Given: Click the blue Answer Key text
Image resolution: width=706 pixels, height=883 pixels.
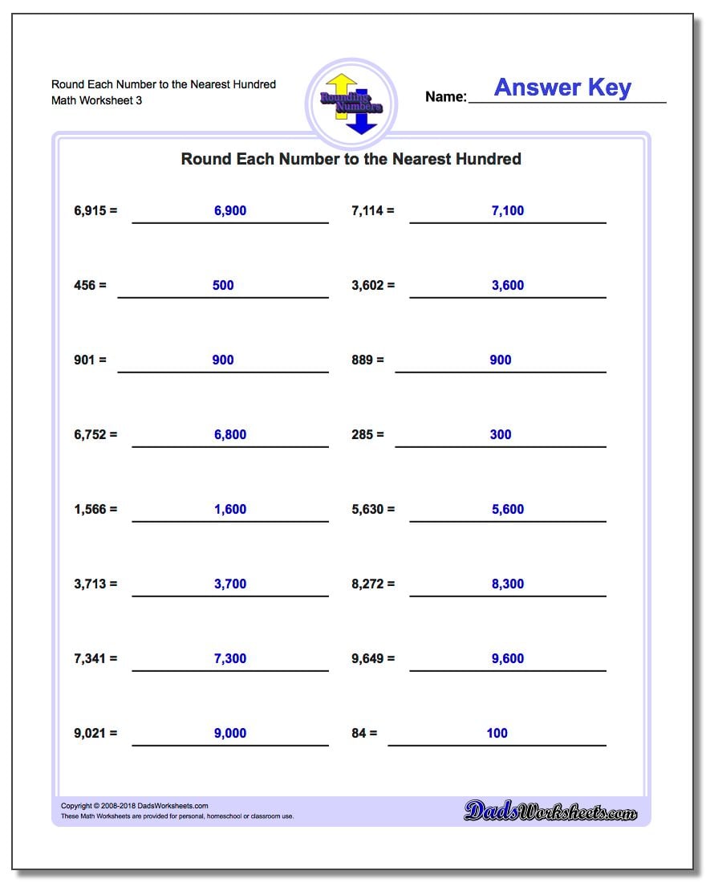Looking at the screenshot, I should coord(562,87).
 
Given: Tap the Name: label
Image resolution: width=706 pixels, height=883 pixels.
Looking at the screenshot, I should coord(445,97).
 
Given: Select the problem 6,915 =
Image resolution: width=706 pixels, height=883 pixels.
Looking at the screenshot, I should coord(95,211).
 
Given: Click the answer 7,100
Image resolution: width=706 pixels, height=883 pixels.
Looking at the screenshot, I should coord(508,211).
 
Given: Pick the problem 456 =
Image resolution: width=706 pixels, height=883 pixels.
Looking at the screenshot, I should coord(90,286).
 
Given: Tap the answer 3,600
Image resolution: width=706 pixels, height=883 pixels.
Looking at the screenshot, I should coord(508,286).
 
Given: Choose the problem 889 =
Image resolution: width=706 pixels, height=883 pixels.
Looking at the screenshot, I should coord(367,360).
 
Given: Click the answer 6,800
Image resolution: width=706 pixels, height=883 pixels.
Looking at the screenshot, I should coord(230,435).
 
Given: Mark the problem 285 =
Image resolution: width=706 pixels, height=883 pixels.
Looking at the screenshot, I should coord(367,435).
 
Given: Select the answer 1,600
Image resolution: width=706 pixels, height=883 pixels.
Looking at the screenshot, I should coord(230,510).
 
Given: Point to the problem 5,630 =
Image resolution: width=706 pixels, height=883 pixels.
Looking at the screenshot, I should coord(373,510).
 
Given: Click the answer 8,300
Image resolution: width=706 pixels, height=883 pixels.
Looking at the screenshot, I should coord(508,584).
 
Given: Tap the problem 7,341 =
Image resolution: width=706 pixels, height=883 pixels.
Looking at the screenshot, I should coord(95,659).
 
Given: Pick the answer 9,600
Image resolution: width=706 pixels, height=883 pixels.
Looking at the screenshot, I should coord(508,659).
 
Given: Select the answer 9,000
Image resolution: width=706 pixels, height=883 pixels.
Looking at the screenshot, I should coord(230,734).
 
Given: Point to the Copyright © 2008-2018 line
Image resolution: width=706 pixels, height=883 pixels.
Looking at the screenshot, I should coord(135,806).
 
